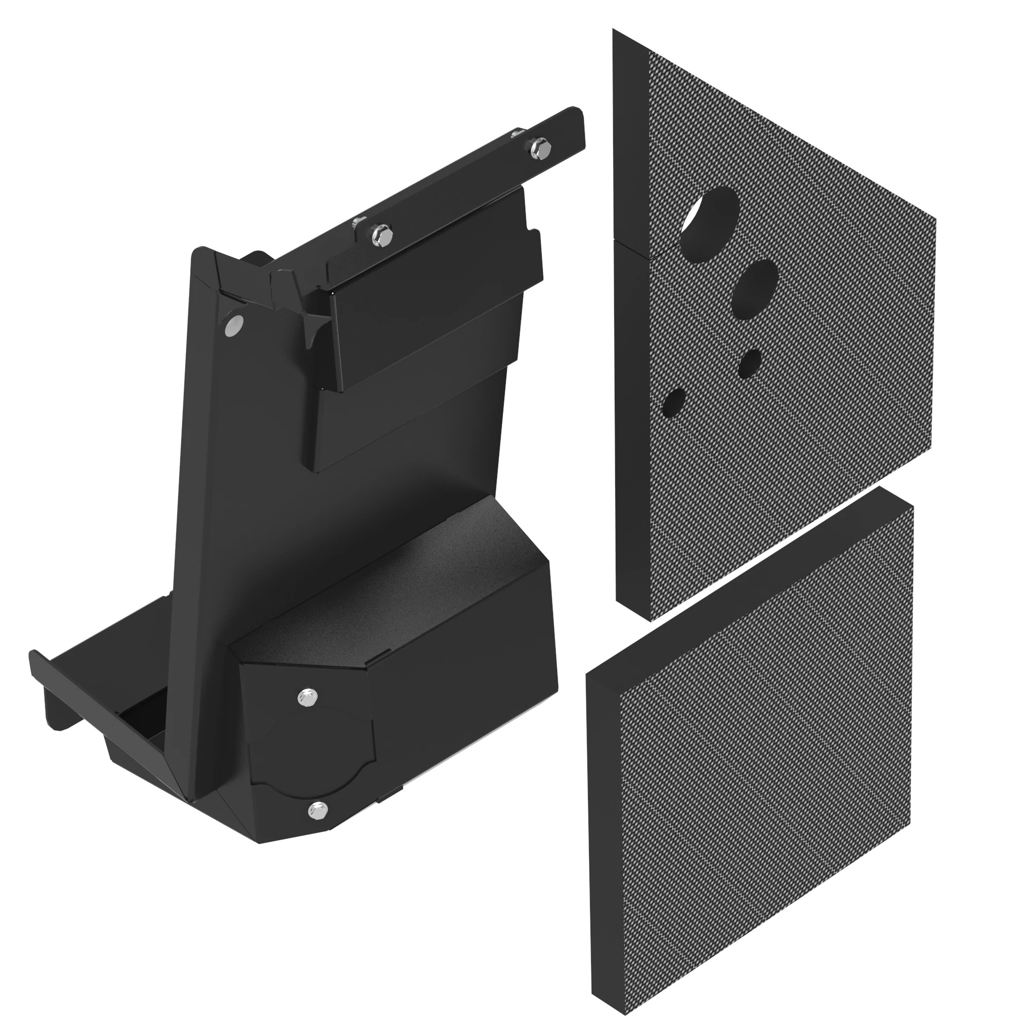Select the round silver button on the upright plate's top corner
[233, 325]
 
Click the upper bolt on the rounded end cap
[307, 697]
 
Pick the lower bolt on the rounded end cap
[318, 811]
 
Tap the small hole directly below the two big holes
[750, 364]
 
